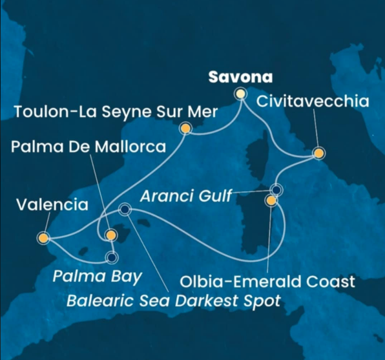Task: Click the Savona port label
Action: [x=240, y=77]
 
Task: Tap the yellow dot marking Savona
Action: [x=241, y=94]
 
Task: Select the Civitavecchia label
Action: [x=313, y=101]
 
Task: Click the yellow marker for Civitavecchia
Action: [x=318, y=153]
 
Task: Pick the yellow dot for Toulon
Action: [x=186, y=129]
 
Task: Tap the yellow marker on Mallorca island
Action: [x=111, y=235]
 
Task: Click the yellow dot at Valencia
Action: [x=44, y=237]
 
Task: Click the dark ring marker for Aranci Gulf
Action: [x=276, y=190]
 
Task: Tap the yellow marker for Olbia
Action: [x=271, y=201]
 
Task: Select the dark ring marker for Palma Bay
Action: [x=112, y=259]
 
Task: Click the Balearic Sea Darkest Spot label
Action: [x=175, y=301]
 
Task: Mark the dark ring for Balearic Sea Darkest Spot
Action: [x=125, y=209]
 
